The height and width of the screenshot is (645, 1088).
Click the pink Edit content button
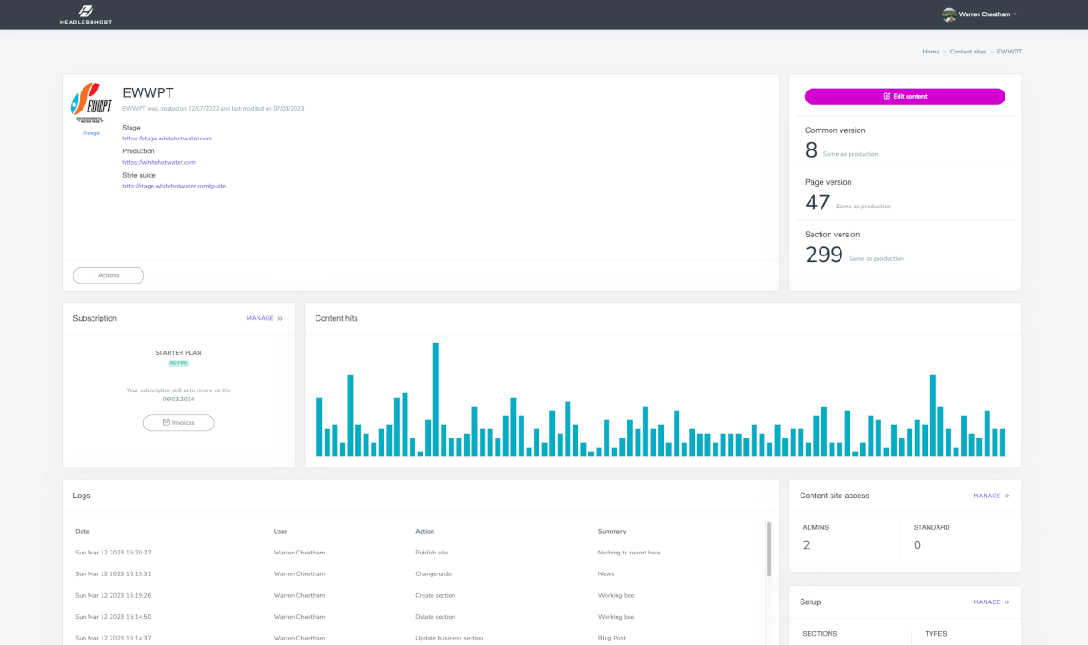(x=904, y=96)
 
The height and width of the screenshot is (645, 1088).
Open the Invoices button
(x=179, y=422)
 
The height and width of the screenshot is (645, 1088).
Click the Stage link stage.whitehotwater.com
(x=167, y=139)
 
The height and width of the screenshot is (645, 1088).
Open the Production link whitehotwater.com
(x=159, y=162)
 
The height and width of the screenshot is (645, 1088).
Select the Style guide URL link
(x=174, y=186)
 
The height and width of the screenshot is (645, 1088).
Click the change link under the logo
(x=91, y=133)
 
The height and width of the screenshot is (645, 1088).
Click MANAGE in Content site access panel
(x=990, y=496)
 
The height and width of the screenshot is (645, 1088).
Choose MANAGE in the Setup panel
(x=990, y=602)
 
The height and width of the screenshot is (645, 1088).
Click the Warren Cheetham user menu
(x=980, y=14)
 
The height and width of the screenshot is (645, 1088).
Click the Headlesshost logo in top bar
(x=85, y=14)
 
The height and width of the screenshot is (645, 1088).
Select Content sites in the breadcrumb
(x=967, y=52)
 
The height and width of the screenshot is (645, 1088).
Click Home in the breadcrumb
(x=930, y=52)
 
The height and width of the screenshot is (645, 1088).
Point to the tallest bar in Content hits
(x=436, y=399)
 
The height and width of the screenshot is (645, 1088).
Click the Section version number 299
(x=824, y=255)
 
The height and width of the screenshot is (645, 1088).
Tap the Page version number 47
(x=817, y=203)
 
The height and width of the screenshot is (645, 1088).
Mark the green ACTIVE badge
(x=179, y=362)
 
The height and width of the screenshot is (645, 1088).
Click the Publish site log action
(x=432, y=552)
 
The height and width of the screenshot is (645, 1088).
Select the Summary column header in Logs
(x=612, y=531)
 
